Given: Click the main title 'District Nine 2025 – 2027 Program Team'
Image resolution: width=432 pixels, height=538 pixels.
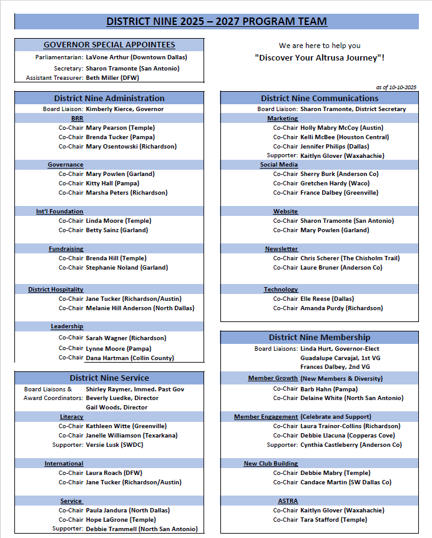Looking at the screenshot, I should [216, 21].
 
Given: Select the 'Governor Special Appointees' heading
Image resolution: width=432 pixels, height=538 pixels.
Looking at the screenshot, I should [109, 45].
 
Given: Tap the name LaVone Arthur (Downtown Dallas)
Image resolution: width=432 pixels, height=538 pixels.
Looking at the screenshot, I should [136, 57].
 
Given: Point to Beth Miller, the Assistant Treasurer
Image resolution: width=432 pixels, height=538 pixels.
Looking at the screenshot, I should [113, 77].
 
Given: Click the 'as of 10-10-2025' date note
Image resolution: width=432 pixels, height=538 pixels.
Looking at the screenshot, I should [396, 87].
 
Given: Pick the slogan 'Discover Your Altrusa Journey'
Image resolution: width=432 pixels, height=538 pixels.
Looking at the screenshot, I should [320, 57].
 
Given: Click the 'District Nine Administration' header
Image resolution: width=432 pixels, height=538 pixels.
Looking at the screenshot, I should [109, 98].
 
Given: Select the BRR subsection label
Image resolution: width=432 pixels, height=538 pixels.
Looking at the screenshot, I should [77, 118].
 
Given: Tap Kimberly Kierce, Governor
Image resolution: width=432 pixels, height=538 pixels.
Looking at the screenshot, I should [125, 109].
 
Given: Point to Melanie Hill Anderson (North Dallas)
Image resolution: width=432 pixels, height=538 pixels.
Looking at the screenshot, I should [140, 308].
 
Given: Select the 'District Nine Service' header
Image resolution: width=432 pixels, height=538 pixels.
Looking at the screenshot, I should [109, 378].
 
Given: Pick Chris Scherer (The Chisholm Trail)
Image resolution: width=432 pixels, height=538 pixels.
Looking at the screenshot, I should [350, 258].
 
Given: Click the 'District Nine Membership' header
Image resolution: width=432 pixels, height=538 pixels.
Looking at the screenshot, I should [320, 337].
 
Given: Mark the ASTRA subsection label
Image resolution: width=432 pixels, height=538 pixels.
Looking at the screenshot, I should [288, 501].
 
